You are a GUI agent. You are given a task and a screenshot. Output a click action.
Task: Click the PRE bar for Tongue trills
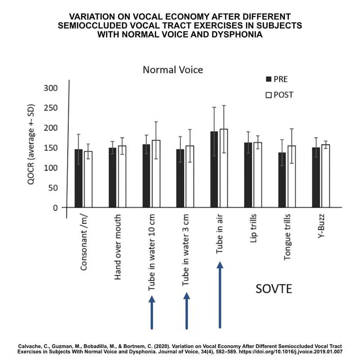click(282, 180)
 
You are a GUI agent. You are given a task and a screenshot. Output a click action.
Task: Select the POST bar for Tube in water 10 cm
click(156, 174)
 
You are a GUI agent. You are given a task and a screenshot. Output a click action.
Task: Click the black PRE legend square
click(269, 79)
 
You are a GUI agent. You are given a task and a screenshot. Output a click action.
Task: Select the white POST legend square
click(269, 95)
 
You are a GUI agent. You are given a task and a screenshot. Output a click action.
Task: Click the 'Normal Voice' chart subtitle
click(173, 70)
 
